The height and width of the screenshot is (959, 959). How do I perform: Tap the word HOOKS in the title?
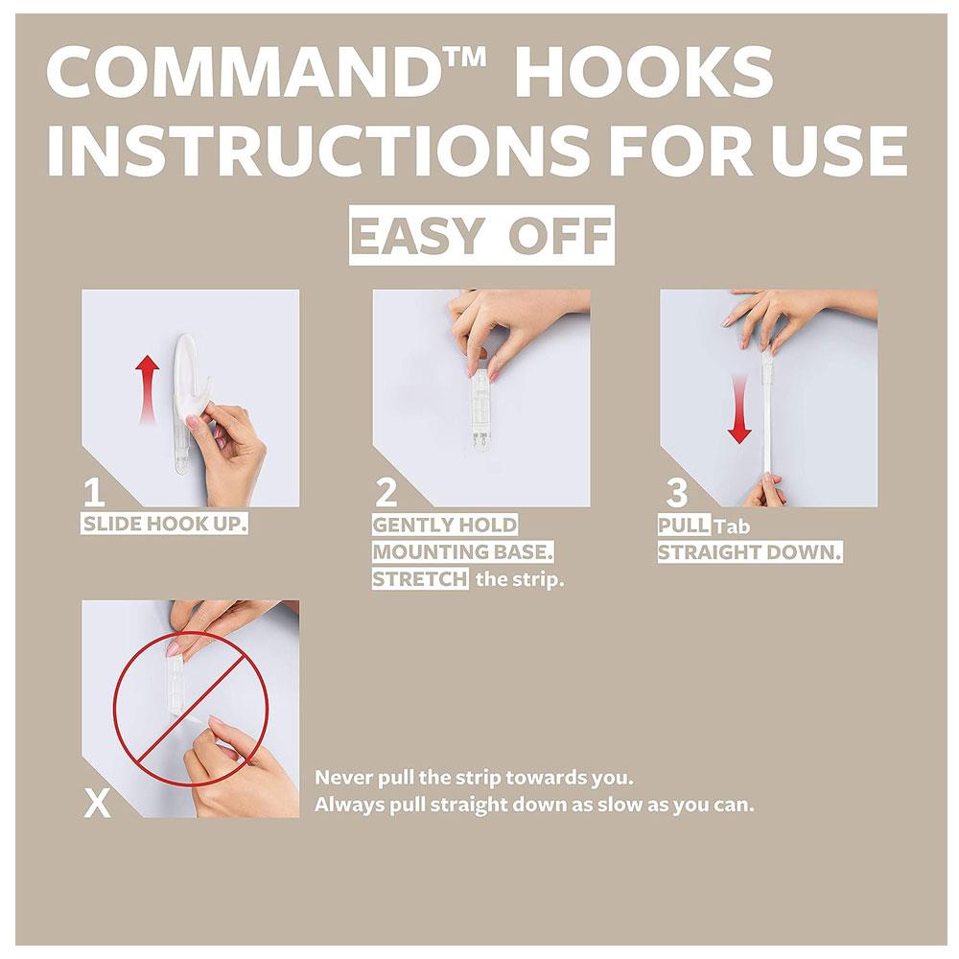pyautogui.click(x=644, y=73)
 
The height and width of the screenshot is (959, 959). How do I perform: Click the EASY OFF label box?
pyautogui.click(x=481, y=236)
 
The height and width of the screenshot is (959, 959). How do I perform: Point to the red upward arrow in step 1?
pyautogui.click(x=148, y=390)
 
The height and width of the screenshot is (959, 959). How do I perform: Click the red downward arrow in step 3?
pyautogui.click(x=739, y=409)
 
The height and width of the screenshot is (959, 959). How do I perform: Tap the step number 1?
pyautogui.click(x=94, y=494)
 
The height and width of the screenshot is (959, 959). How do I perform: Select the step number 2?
pyautogui.click(x=386, y=493)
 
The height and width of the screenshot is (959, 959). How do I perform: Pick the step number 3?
pyautogui.click(x=677, y=494)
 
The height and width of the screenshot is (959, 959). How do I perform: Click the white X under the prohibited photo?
pyautogui.click(x=97, y=803)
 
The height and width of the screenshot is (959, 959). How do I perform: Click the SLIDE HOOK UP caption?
pyautogui.click(x=165, y=525)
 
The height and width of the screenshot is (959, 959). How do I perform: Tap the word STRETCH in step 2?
pyautogui.click(x=420, y=578)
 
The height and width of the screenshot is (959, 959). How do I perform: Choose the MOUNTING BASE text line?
pyautogui.click(x=463, y=551)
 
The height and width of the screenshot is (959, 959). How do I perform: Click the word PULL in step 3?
pyautogui.click(x=684, y=525)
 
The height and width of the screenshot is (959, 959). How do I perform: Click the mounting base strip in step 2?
pyautogui.click(x=481, y=407)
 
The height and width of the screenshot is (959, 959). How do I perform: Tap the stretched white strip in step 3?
pyautogui.click(x=765, y=416)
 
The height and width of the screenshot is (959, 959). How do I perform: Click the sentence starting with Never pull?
pyautogui.click(x=474, y=778)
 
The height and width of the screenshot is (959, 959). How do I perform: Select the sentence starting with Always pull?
pyautogui.click(x=534, y=805)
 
